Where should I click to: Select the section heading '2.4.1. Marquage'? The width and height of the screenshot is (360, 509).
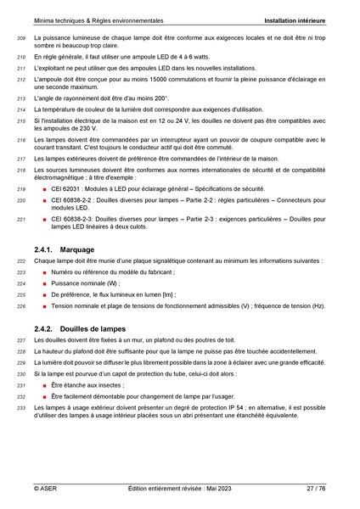[65, 250]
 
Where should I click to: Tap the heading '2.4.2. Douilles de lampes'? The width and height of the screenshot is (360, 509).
[80, 328]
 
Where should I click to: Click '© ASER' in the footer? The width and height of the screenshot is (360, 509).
[45, 489]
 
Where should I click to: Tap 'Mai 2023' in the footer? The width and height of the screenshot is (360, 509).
[204, 489]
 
